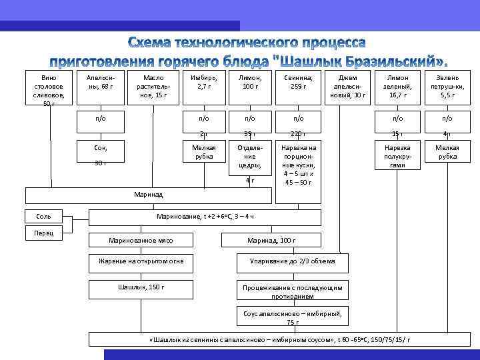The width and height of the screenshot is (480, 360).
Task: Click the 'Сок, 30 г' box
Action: tap(101, 155)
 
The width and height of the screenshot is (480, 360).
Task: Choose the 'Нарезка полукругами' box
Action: tap(397, 155)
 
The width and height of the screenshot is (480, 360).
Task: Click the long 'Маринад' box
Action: tap(149, 195)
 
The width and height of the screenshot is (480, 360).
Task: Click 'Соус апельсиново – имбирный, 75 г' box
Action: tap(293, 317)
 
